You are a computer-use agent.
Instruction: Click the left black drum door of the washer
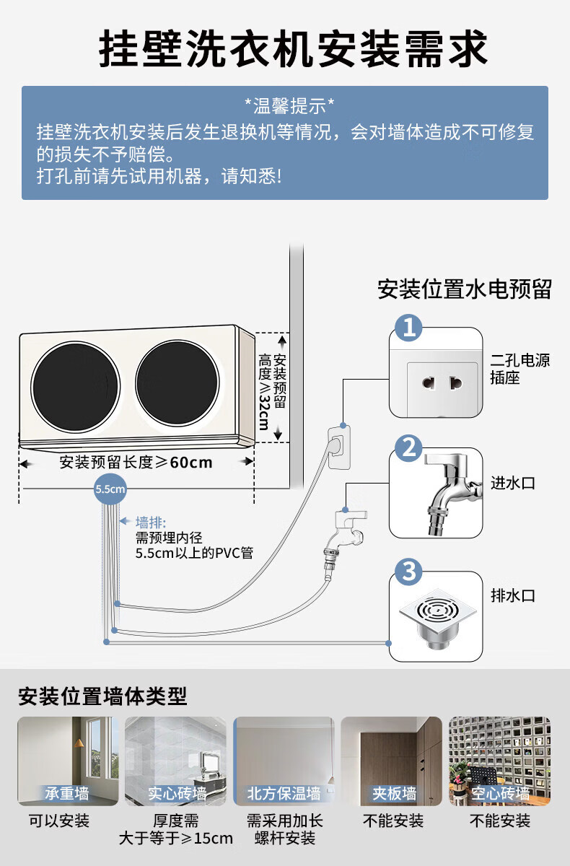[x=75, y=388]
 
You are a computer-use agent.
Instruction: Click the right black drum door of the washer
[x=177, y=388]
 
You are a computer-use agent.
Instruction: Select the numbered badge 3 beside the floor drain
[x=410, y=572]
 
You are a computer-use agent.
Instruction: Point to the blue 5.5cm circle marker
[x=110, y=489]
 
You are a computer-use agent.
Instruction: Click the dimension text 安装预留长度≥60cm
[x=136, y=462]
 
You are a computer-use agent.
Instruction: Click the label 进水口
[x=513, y=484]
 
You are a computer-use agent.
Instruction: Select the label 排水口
[x=513, y=596]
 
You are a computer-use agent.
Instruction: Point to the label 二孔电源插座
[x=519, y=369]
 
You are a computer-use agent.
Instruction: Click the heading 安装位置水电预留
[x=464, y=289]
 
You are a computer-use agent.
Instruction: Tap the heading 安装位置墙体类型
[x=102, y=696]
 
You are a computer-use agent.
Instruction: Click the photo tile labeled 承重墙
[x=68, y=761]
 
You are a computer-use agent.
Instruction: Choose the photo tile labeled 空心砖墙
[x=499, y=761]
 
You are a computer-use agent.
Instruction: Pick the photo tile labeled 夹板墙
[x=391, y=761]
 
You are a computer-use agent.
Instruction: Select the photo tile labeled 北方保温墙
[x=284, y=761]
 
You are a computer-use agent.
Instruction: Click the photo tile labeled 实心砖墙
[x=175, y=761]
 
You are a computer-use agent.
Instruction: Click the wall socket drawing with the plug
[x=341, y=445]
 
